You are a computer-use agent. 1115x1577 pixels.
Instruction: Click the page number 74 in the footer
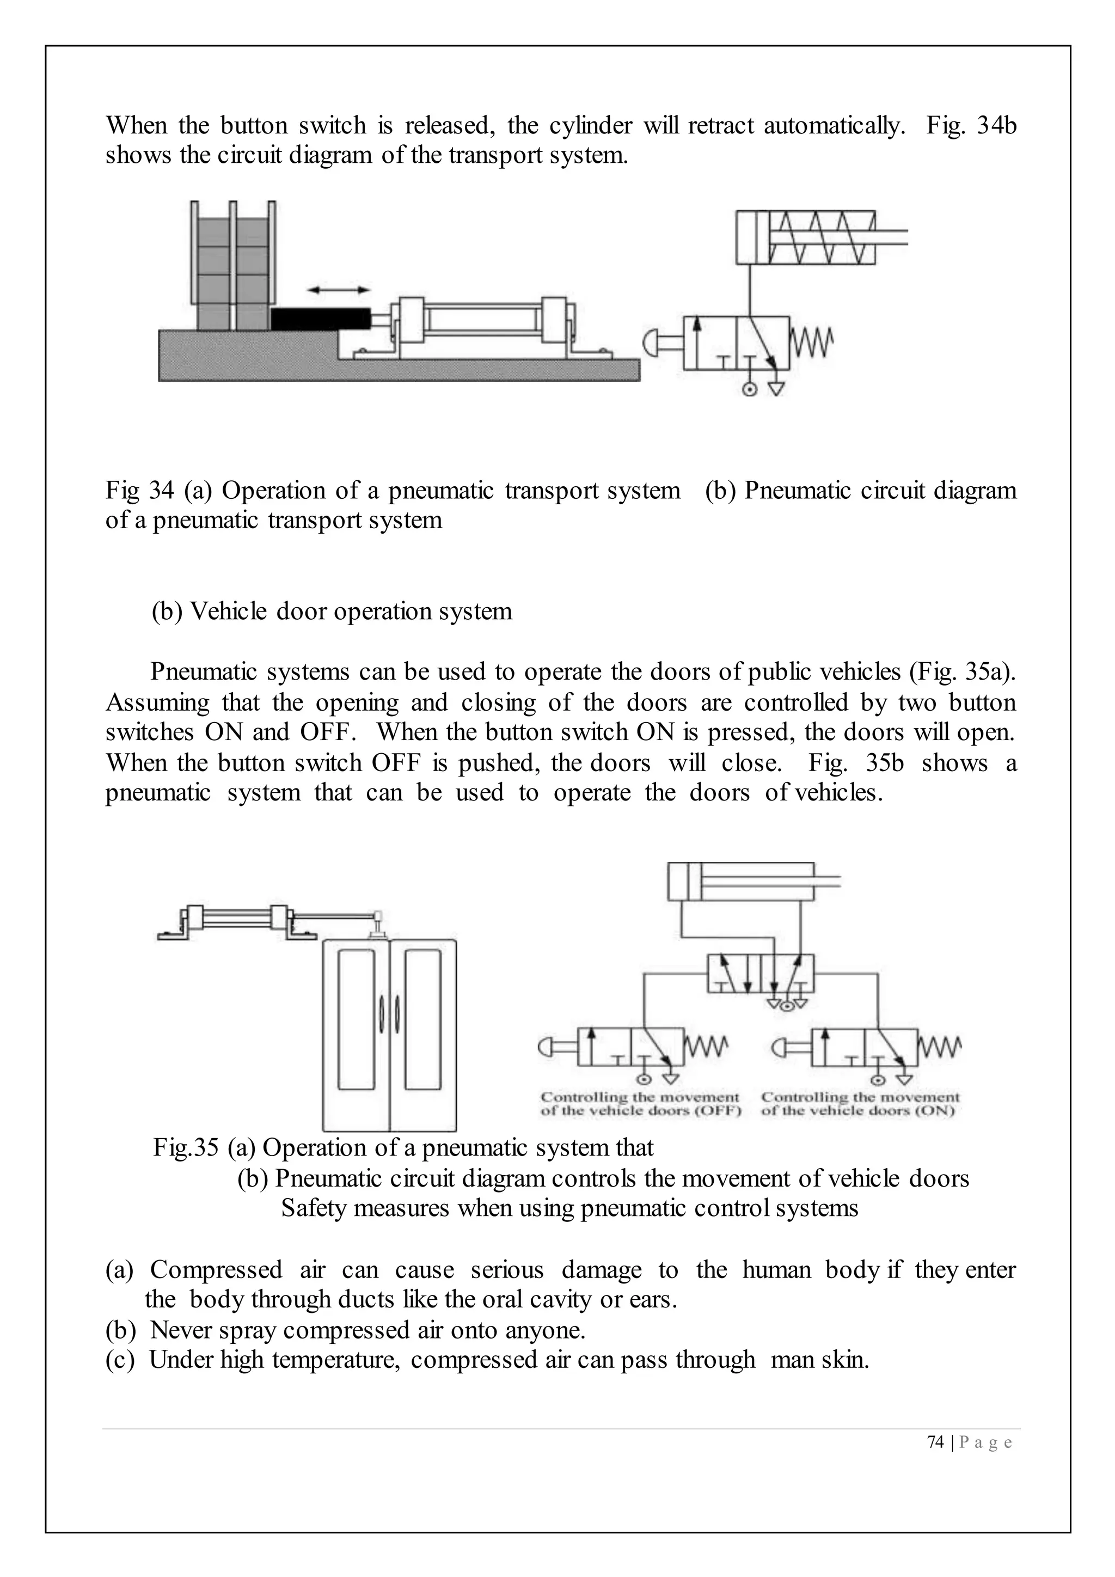(935, 1442)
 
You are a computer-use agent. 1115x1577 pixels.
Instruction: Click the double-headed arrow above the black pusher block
(339, 290)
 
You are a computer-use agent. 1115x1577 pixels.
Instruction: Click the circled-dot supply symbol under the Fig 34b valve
(750, 389)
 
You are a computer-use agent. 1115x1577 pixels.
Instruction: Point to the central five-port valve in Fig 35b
(761, 973)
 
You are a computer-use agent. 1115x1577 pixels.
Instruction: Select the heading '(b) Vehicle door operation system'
(332, 610)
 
